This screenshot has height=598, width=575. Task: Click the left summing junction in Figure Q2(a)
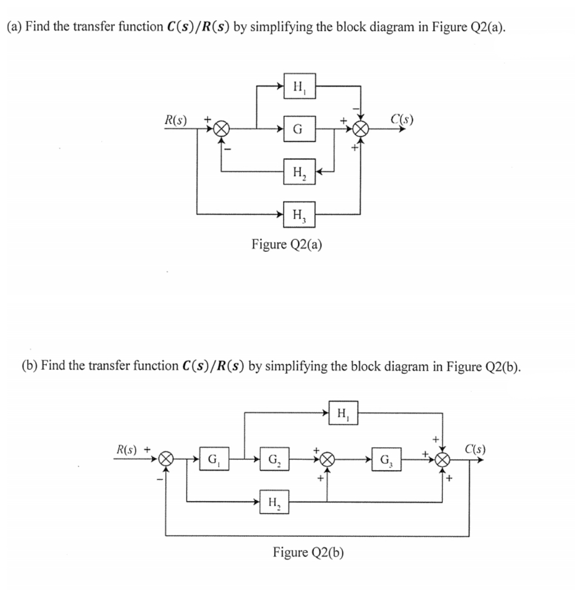pyautogui.click(x=222, y=129)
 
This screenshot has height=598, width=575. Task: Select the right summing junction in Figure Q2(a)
pyautogui.click(x=362, y=129)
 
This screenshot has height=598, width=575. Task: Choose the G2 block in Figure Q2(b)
pyautogui.click(x=275, y=458)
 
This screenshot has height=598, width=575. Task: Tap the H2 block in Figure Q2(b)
pyautogui.click(x=275, y=501)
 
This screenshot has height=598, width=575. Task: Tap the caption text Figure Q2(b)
pyautogui.click(x=308, y=552)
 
